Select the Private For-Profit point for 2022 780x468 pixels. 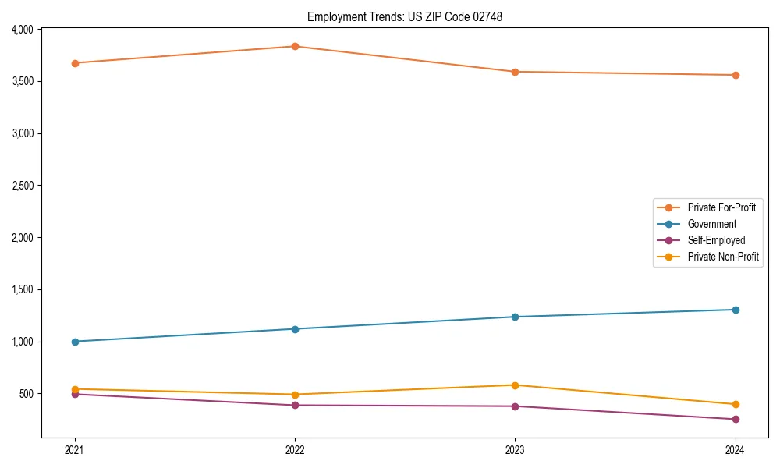tap(295, 46)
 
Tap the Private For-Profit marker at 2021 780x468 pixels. tap(75, 63)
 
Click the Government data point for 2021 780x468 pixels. tap(75, 342)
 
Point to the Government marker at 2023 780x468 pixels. tap(515, 317)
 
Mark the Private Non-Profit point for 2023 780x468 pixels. tap(515, 385)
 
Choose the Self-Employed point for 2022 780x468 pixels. tap(295, 405)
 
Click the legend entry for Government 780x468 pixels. tap(711, 224)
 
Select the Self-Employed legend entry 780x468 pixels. tap(716, 240)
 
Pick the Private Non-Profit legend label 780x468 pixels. tap(723, 257)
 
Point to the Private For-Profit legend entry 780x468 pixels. tap(721, 207)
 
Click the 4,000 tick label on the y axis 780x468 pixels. tap(22, 30)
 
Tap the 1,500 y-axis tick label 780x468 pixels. tap(22, 289)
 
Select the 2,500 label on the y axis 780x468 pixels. tap(22, 186)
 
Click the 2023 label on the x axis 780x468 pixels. tap(515, 449)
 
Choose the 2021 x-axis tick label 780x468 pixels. tap(75, 449)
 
